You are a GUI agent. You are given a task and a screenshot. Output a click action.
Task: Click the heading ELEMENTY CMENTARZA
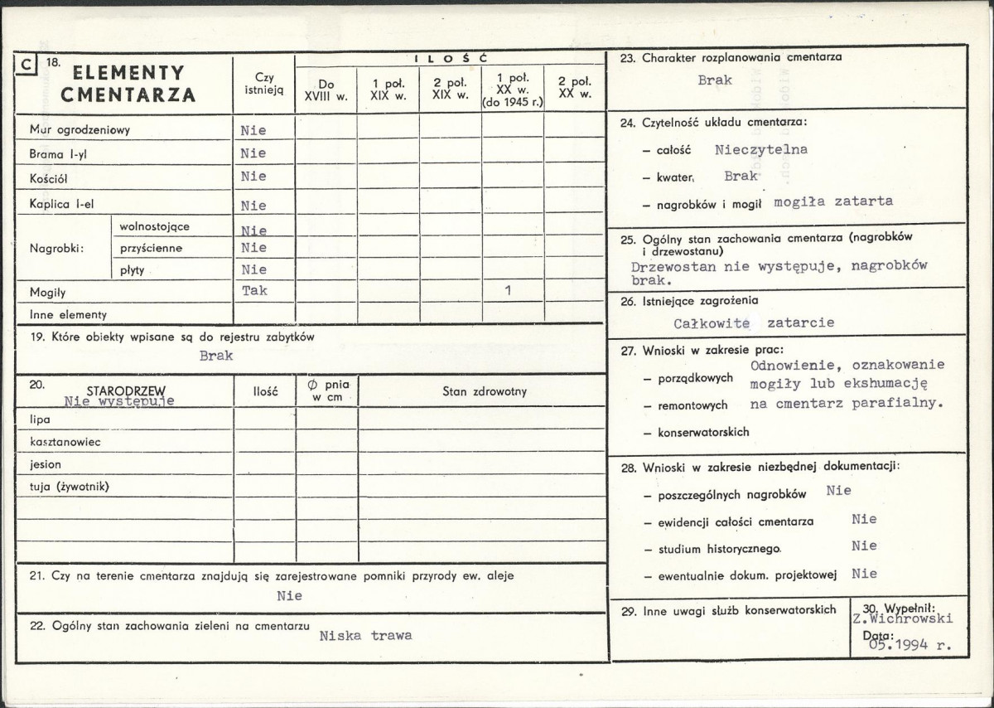pyautogui.click(x=128, y=84)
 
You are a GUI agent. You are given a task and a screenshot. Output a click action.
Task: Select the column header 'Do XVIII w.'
pyautogui.click(x=326, y=89)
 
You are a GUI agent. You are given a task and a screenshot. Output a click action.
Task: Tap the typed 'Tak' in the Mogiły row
pyautogui.click(x=254, y=291)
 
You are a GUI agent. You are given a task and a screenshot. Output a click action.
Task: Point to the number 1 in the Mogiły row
pyautogui.click(x=508, y=291)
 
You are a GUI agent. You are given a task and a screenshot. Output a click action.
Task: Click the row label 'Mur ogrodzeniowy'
pyautogui.click(x=80, y=130)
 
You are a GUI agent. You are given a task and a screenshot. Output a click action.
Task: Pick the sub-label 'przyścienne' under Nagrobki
pyautogui.click(x=151, y=248)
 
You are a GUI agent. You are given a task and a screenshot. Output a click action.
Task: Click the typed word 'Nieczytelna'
pyautogui.click(x=760, y=150)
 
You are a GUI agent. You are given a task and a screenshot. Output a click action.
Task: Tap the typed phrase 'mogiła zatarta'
pyautogui.click(x=833, y=201)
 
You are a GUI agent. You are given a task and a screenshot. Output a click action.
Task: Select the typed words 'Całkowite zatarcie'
pyautogui.click(x=753, y=322)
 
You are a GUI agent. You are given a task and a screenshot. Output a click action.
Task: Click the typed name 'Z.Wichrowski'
pyautogui.click(x=902, y=618)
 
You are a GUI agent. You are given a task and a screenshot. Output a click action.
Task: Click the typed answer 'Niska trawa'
pyautogui.click(x=365, y=636)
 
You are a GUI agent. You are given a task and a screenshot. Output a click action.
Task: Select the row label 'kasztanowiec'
pyautogui.click(x=65, y=442)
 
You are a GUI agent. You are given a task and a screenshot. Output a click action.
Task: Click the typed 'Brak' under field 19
pyautogui.click(x=216, y=356)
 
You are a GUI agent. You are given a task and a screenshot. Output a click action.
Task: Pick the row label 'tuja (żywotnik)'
pyautogui.click(x=70, y=487)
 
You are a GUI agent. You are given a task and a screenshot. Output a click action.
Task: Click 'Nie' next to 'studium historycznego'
pyautogui.click(x=864, y=546)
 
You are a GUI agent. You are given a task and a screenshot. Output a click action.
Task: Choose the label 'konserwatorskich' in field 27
pyautogui.click(x=703, y=432)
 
